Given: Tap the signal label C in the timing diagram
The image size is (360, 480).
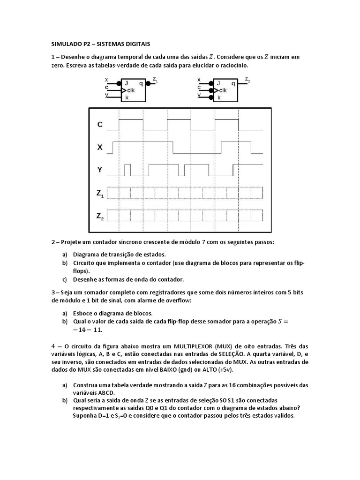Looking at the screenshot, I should point(100,125).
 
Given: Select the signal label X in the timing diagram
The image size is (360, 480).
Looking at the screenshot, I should point(100,147).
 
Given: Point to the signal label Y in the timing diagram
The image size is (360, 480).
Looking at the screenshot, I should point(100,170).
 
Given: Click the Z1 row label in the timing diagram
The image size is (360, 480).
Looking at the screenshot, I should point(100,193).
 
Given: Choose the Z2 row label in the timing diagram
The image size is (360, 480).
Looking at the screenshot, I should point(100,216).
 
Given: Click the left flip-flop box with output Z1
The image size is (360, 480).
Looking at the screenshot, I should point(134,90).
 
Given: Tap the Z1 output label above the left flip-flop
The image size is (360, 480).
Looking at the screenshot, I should point(155,80).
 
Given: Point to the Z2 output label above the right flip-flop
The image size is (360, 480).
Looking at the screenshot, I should point(247,80).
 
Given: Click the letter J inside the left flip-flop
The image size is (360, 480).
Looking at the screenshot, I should point(126,83).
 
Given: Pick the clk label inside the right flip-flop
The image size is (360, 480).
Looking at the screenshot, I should point(223,90).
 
